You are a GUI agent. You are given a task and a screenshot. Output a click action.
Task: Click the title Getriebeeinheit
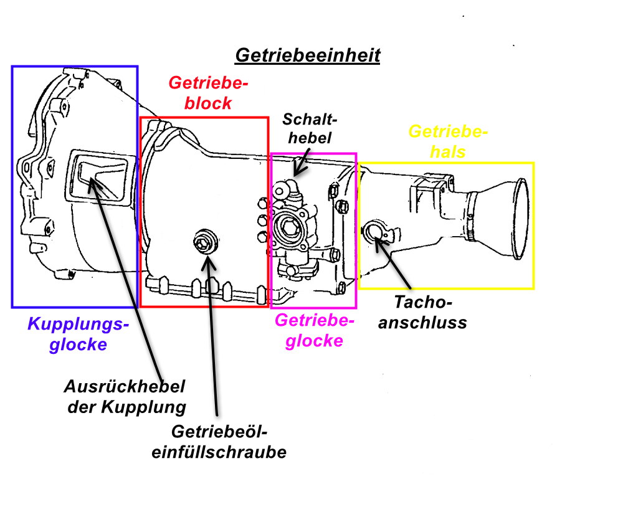[x=307, y=55]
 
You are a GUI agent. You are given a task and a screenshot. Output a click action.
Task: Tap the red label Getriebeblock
[x=208, y=93]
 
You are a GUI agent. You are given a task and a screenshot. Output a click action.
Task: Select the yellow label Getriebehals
[x=447, y=141]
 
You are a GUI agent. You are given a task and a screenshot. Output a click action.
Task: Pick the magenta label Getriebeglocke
[x=314, y=330]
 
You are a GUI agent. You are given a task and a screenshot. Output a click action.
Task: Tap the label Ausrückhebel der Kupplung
[x=125, y=397]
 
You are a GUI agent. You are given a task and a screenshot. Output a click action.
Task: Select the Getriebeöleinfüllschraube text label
[x=219, y=442]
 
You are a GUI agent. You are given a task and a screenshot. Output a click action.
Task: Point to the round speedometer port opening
[x=376, y=232]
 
